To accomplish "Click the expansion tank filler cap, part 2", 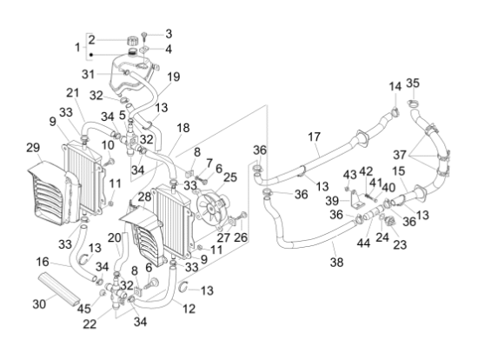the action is click(x=132, y=41).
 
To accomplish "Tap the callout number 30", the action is click(x=39, y=303).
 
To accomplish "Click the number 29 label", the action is click(x=33, y=148).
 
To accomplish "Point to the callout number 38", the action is click(x=336, y=263).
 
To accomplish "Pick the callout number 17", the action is click(x=314, y=137).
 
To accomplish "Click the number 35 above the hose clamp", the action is click(x=413, y=83).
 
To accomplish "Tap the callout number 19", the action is click(x=174, y=77).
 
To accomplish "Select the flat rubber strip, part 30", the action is click(x=59, y=289).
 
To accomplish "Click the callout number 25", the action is click(x=230, y=177).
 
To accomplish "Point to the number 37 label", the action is click(x=400, y=155).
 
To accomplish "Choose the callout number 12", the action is click(x=189, y=309).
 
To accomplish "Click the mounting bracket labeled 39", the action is click(x=356, y=200).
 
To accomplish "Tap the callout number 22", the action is click(x=90, y=324).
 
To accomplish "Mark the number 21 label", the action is click(x=72, y=93).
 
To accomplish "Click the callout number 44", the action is click(x=363, y=243).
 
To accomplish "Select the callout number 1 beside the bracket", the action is click(x=77, y=47).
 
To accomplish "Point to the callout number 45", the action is click(x=83, y=309).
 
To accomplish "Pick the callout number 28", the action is click(x=144, y=197).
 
